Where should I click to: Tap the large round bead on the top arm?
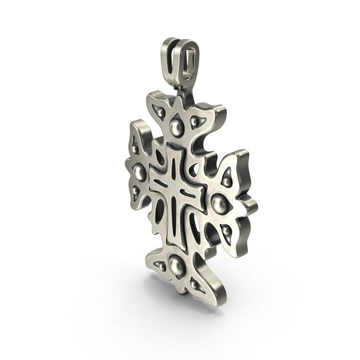(x=176, y=127)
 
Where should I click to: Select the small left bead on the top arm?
(x=160, y=112)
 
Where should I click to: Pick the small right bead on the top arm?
(x=194, y=122)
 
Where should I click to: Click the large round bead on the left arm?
(x=140, y=173)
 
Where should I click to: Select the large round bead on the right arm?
(x=220, y=204)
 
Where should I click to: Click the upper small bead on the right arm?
(x=227, y=179)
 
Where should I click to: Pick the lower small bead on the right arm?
(x=226, y=230)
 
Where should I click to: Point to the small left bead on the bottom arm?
(x=160, y=264)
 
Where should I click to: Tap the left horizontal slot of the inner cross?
(x=159, y=182)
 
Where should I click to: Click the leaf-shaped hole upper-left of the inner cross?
(x=160, y=158)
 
